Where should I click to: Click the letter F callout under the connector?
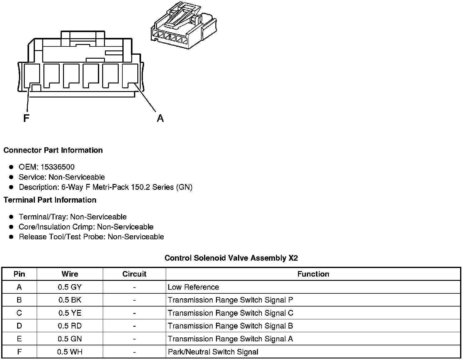pyautogui.click(x=26, y=118)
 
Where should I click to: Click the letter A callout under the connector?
pyautogui.click(x=160, y=118)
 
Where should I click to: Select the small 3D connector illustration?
pyautogui.click(x=184, y=27)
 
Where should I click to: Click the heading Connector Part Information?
pyautogui.click(x=53, y=150)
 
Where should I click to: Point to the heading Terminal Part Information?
pyautogui.click(x=50, y=200)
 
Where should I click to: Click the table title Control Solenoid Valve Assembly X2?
pyautogui.click(x=231, y=258)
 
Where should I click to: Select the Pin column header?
pyautogui.click(x=19, y=274)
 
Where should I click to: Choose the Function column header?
pyautogui.click(x=313, y=274)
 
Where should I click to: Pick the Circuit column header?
pyautogui.click(x=134, y=274)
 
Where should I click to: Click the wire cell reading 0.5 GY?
pyautogui.click(x=70, y=287)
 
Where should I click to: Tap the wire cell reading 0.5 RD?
pyautogui.click(x=70, y=326)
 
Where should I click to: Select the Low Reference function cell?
pyautogui.click(x=193, y=287)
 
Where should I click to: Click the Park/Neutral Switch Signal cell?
pyautogui.click(x=213, y=352)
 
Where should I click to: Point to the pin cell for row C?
pyautogui.click(x=19, y=313)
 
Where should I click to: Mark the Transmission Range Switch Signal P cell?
pyautogui.click(x=230, y=300)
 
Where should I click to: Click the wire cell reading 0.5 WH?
pyautogui.click(x=70, y=352)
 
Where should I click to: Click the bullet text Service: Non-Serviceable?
pyautogui.click(x=61, y=177)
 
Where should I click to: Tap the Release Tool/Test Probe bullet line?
pyautogui.click(x=91, y=237)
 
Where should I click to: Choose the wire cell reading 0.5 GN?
pyautogui.click(x=70, y=339)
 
